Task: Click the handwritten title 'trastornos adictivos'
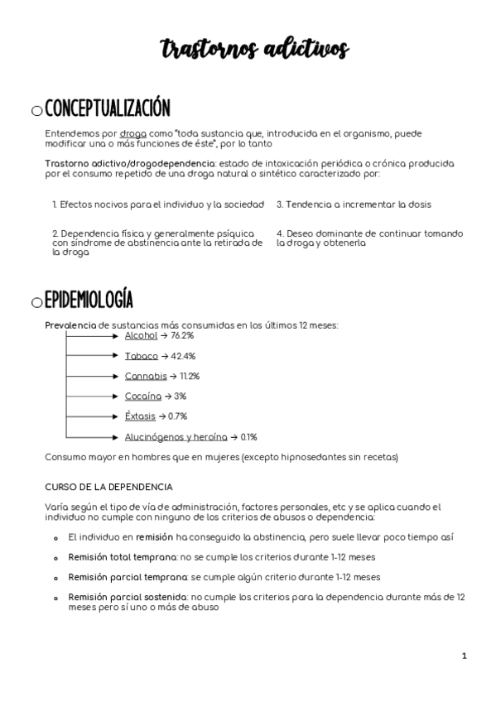point(255,50)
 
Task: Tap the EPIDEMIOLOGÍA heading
point(89,300)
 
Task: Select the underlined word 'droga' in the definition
point(132,133)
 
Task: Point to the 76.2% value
point(182,336)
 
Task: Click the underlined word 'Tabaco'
point(141,356)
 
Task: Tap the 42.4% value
point(184,356)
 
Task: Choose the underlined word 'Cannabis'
point(145,376)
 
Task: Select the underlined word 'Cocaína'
point(142,397)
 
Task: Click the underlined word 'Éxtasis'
point(140,416)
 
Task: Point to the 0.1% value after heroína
point(249,436)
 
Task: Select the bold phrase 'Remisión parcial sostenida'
point(128,596)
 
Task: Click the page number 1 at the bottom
point(465,656)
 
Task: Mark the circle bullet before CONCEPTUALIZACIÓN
point(36,111)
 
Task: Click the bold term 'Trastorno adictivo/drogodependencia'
point(129,164)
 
